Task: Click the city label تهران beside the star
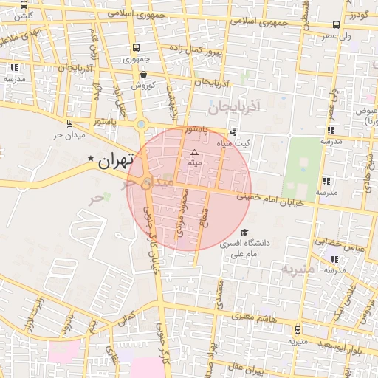(116, 159)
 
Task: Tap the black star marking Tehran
(91, 159)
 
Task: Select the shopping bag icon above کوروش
(142, 74)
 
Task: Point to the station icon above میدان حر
(69, 123)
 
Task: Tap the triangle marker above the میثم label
(195, 152)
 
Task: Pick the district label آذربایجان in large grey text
(234, 109)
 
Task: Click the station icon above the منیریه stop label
(298, 330)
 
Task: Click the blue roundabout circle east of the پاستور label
(140, 124)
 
